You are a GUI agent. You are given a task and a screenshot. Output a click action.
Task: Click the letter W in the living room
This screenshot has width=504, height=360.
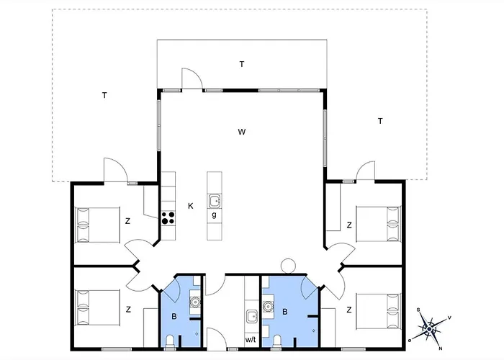[243, 132]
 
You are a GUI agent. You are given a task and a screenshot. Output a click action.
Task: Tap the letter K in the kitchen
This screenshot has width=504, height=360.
[191, 205]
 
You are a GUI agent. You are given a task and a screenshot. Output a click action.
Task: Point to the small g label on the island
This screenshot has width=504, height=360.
[214, 215]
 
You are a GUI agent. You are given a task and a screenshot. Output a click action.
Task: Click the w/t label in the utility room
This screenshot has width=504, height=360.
[251, 339]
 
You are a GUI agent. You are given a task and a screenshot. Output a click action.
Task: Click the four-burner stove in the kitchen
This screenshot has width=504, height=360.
[168, 218]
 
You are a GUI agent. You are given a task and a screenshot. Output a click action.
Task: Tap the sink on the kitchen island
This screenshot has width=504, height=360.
[215, 201]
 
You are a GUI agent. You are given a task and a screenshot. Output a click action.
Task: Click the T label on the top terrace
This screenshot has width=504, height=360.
[242, 65]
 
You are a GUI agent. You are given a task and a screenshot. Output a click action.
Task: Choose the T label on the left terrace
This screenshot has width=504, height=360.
[104, 95]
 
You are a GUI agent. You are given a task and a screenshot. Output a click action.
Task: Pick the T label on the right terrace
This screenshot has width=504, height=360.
[379, 121]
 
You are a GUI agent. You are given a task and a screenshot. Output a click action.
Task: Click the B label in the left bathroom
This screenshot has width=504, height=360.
[174, 315]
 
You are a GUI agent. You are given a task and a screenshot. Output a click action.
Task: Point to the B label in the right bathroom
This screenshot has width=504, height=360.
[286, 312]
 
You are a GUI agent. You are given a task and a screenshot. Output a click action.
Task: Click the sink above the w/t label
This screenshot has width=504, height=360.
[251, 316]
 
